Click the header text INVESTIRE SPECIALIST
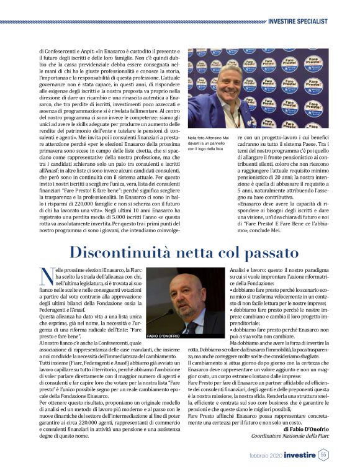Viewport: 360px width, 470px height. pos(297,21)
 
